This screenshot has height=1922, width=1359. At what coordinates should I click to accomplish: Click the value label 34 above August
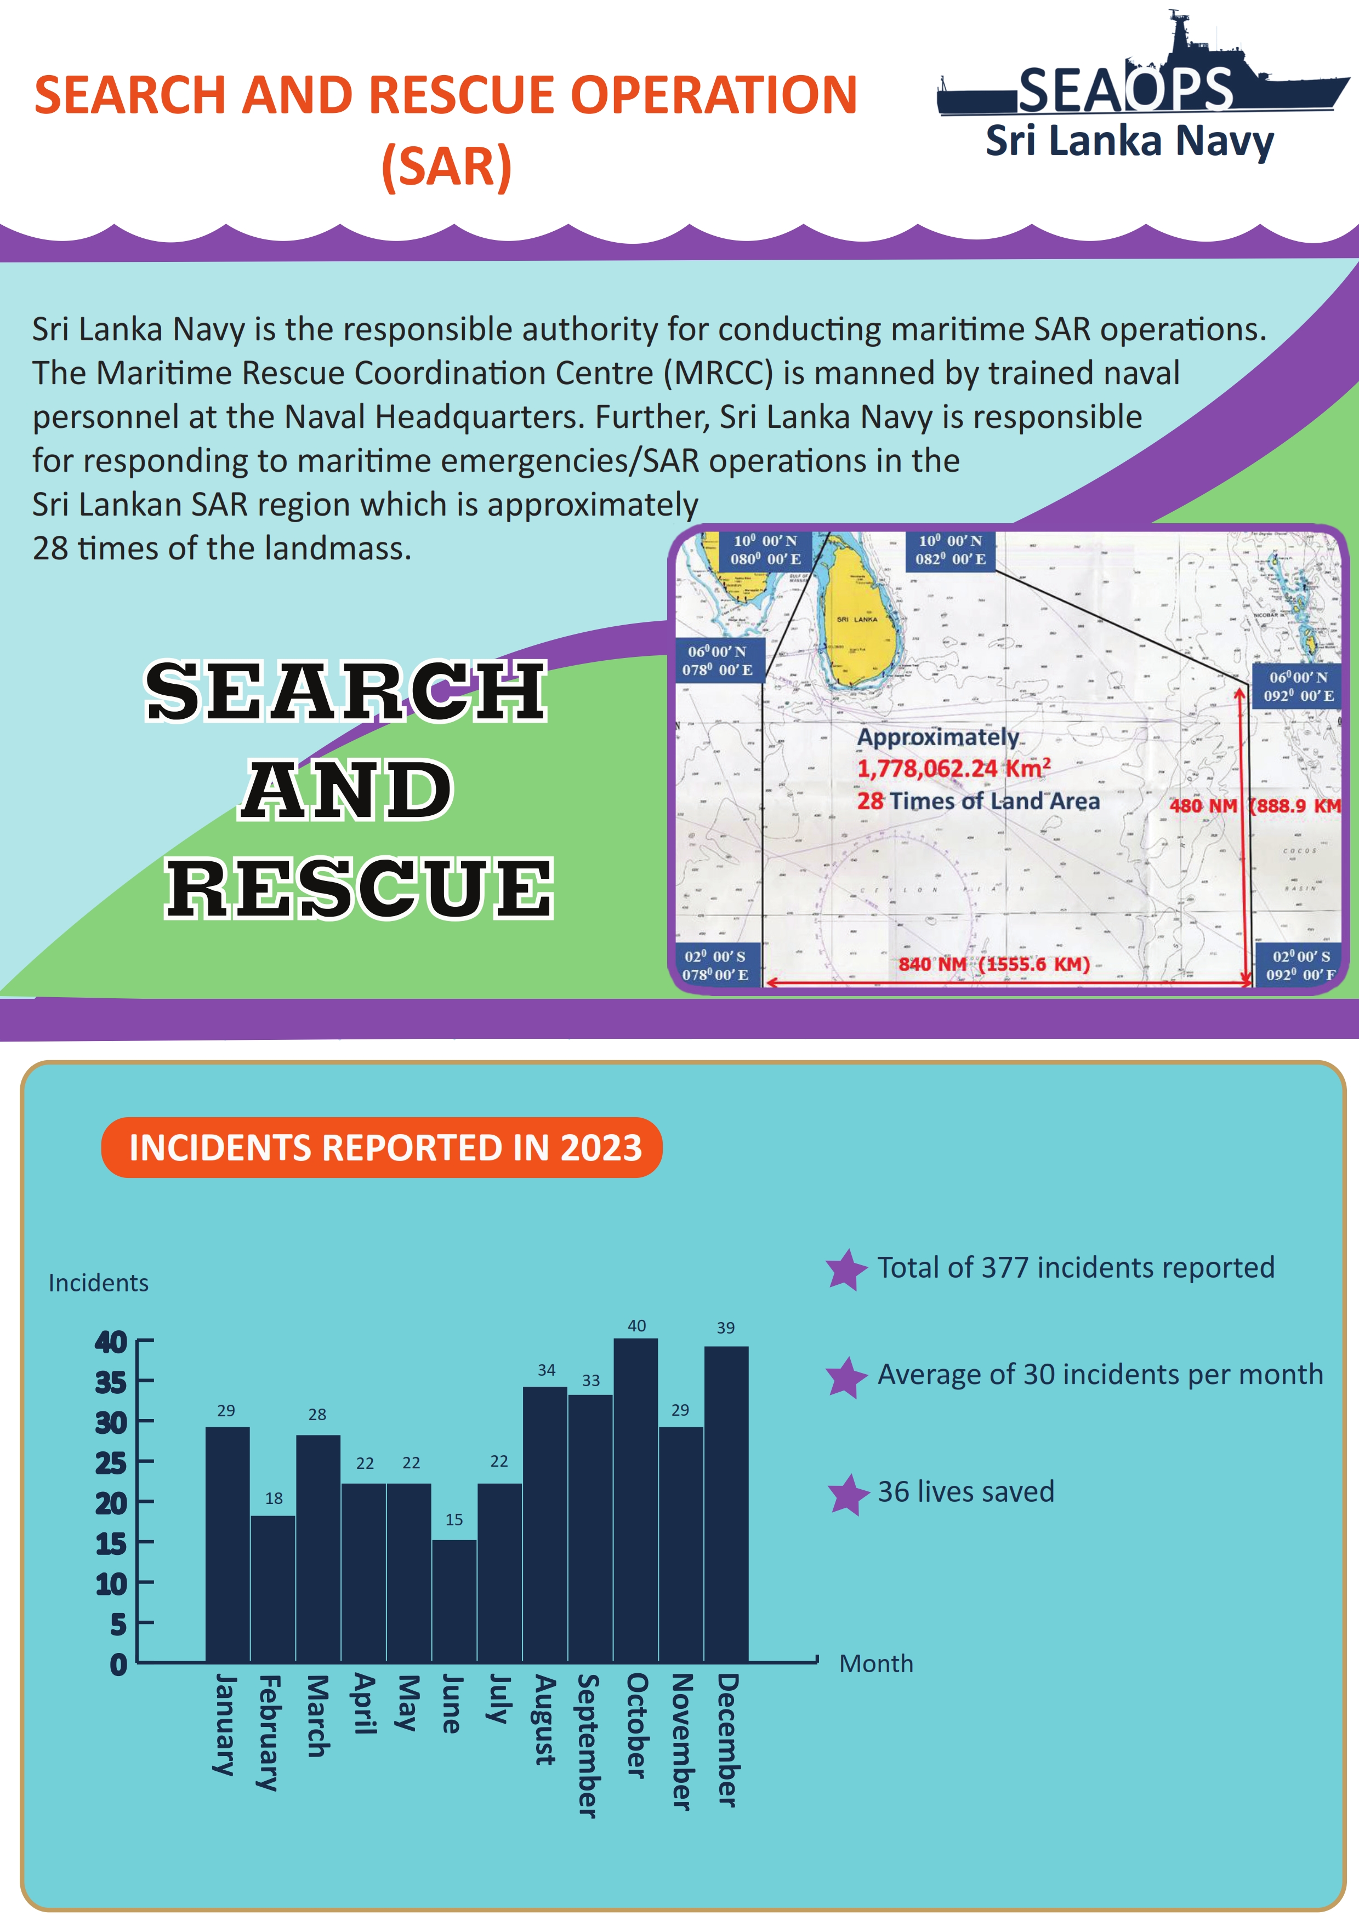[x=546, y=1370]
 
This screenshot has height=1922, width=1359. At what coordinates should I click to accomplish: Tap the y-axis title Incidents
[x=98, y=1283]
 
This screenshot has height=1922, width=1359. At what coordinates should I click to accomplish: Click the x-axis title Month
[x=876, y=1663]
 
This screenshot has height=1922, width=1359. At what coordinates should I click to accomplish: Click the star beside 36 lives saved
[x=848, y=1494]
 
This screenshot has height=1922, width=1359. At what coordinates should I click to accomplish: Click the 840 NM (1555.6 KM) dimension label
[x=994, y=964]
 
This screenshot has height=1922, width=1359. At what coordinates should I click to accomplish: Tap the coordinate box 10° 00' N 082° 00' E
[x=951, y=550]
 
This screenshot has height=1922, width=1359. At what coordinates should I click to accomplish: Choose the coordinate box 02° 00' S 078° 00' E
[x=716, y=965]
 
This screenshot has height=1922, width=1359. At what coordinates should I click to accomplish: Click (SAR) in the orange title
[x=446, y=166]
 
